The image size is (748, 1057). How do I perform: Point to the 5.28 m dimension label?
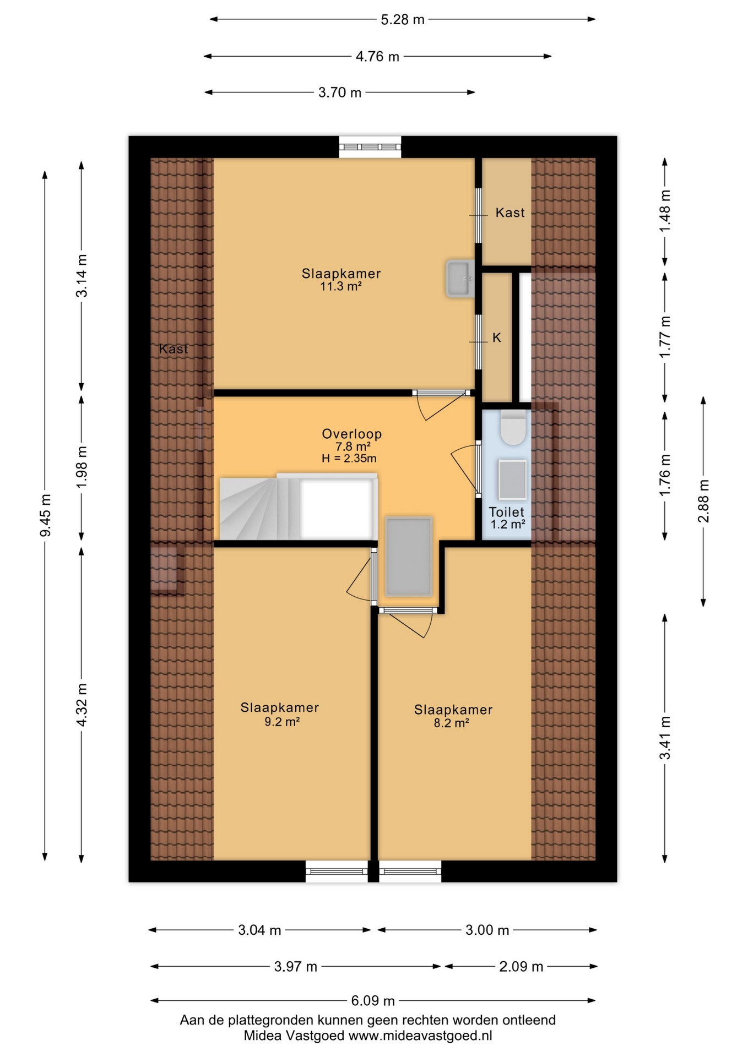click(403, 20)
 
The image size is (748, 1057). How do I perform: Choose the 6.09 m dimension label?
click(373, 1000)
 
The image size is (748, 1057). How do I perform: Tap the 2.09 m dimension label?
click(521, 966)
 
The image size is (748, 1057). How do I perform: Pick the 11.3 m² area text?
click(341, 286)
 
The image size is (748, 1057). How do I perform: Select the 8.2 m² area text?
click(451, 723)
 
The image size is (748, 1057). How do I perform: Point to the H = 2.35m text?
click(349, 458)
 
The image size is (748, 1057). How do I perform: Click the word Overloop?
click(352, 434)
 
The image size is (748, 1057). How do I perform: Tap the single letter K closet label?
click(497, 337)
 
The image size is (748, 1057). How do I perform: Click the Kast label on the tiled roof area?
click(174, 348)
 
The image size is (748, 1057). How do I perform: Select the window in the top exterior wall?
click(370, 147)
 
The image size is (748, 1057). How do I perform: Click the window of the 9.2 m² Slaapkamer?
click(337, 871)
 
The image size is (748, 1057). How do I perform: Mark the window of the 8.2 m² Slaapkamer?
click(410, 871)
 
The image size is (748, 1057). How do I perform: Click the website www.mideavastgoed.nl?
click(420, 1036)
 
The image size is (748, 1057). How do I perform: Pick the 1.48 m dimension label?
click(665, 210)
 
